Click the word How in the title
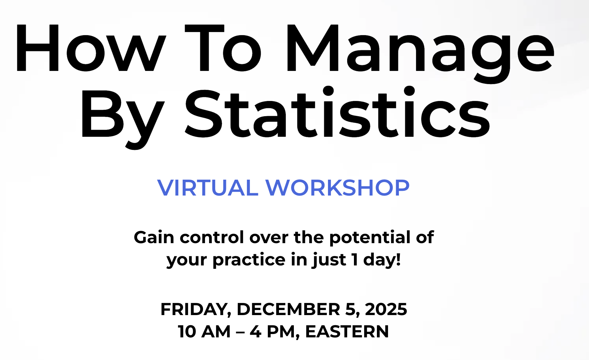(91, 48)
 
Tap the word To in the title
(223, 48)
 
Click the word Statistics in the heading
(337, 113)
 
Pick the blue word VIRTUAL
(208, 187)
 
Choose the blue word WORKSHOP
(337, 187)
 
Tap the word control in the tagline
(212, 237)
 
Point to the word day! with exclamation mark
(382, 259)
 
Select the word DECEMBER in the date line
(288, 309)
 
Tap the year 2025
(386, 309)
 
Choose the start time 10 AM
(204, 332)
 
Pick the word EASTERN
(347, 332)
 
